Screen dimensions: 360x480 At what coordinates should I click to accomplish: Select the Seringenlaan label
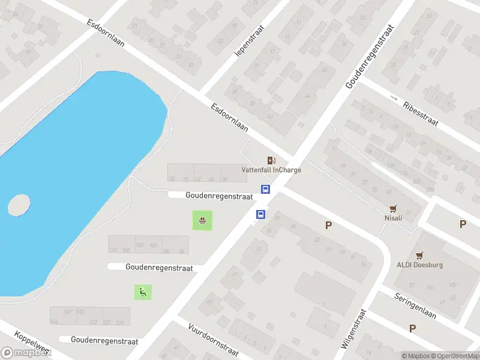(x=415, y=305)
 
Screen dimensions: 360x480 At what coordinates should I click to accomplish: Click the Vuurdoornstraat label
(x=214, y=340)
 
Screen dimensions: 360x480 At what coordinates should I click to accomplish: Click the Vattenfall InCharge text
(x=271, y=170)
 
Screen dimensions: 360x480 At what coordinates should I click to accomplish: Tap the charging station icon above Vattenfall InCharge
(x=271, y=160)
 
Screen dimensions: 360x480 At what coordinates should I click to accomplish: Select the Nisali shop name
(x=394, y=218)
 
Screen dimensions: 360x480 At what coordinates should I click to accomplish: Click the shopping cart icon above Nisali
(x=394, y=208)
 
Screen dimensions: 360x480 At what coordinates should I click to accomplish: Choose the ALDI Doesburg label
(x=419, y=265)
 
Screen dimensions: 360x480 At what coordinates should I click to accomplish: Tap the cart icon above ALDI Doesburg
(x=419, y=254)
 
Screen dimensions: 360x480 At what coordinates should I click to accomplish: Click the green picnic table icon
(x=202, y=221)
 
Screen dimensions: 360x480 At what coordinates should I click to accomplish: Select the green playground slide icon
(x=143, y=292)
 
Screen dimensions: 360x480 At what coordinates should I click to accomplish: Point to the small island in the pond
(x=19, y=205)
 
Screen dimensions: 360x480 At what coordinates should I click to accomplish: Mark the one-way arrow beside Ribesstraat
(x=394, y=97)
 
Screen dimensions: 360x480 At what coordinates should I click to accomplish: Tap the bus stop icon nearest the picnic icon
(x=261, y=214)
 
